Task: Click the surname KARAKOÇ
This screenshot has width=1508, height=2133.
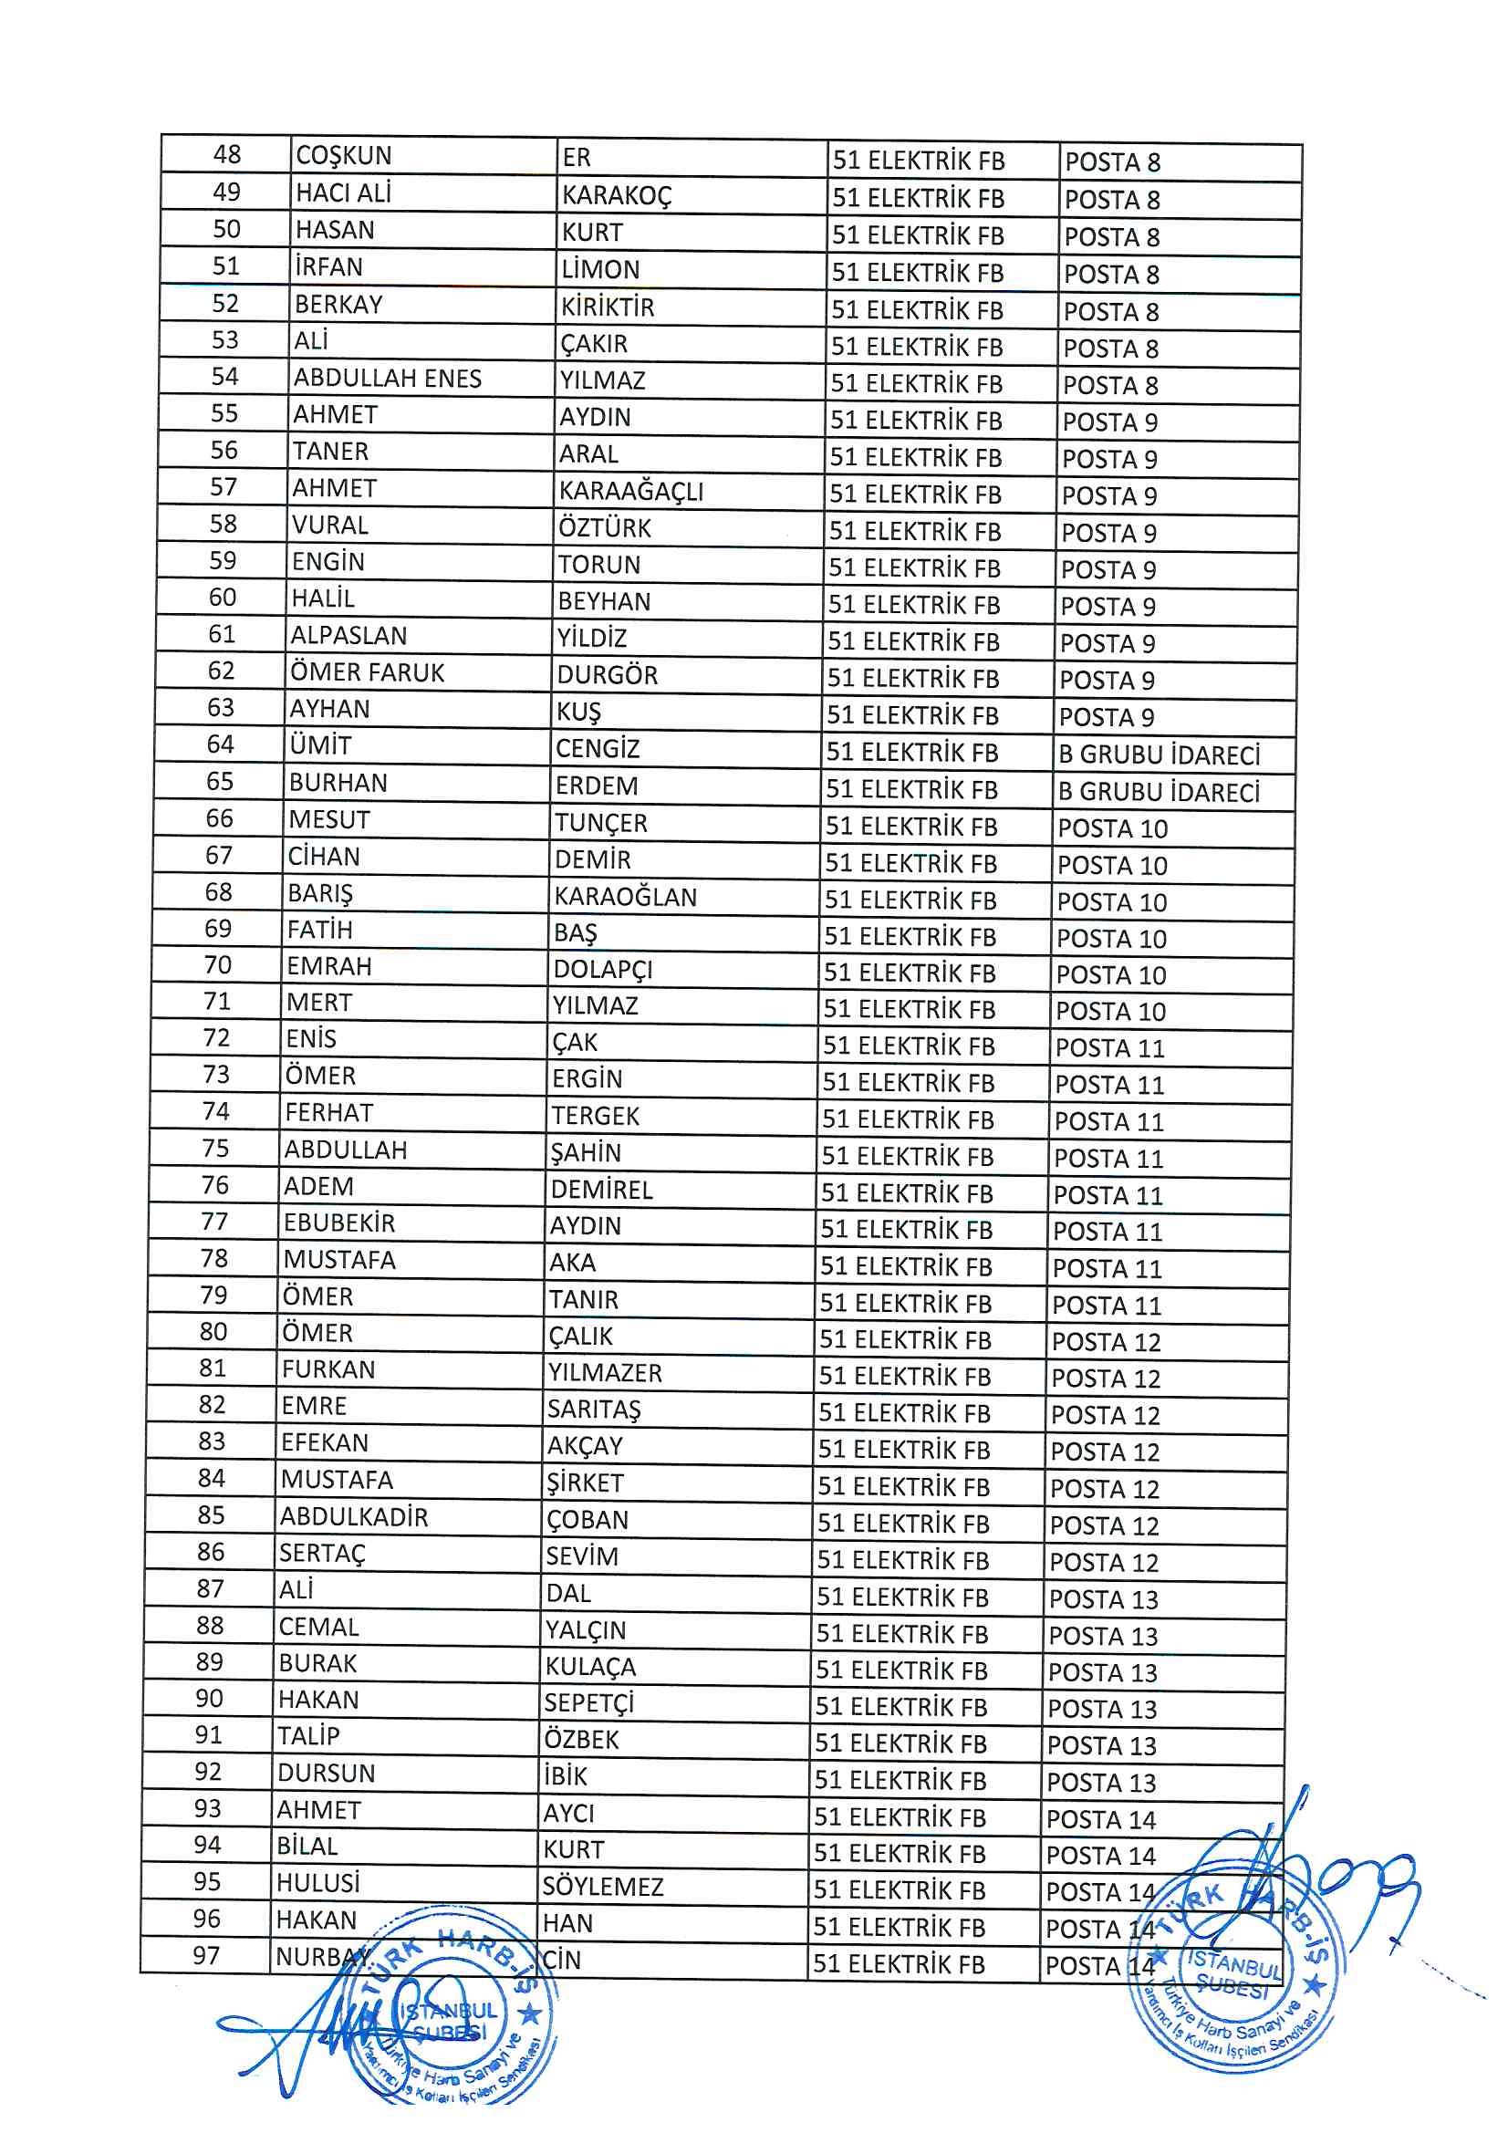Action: (x=615, y=196)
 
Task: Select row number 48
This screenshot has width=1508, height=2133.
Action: (x=227, y=154)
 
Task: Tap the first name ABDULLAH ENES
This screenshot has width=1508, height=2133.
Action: (x=388, y=378)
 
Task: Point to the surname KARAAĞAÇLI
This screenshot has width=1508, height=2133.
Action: (x=631, y=491)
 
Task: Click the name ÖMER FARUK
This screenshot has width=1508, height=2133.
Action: (x=367, y=672)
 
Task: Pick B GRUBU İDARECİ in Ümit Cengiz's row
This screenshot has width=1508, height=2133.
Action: (x=1159, y=754)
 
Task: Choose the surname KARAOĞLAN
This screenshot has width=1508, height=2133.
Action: (x=625, y=897)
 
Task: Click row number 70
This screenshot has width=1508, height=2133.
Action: (x=217, y=965)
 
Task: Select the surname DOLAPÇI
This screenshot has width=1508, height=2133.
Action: (x=603, y=970)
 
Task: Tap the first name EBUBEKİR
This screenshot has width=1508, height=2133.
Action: (x=339, y=1223)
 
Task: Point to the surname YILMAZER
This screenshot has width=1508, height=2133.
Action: (x=605, y=1372)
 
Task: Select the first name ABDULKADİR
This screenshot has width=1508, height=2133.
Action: (x=354, y=1517)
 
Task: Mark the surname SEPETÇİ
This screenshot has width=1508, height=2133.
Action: (x=589, y=1703)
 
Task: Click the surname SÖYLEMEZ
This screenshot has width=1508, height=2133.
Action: (x=603, y=1887)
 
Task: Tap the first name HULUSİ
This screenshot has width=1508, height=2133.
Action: (x=317, y=1883)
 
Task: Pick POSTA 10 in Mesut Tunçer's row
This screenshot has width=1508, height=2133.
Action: (x=1112, y=828)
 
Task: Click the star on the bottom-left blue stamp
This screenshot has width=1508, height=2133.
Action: (x=530, y=2014)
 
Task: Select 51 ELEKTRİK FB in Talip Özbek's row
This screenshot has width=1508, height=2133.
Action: (x=900, y=1743)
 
